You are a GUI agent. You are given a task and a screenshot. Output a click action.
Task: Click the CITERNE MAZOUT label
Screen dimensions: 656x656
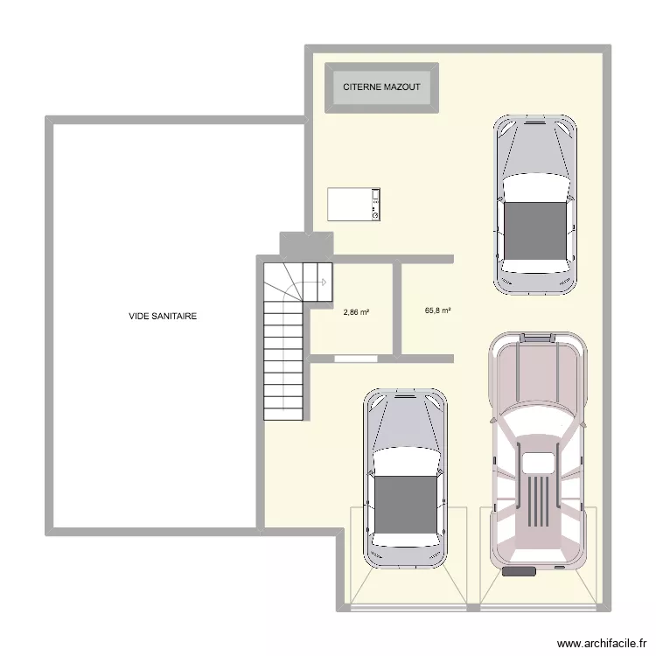click(381, 87)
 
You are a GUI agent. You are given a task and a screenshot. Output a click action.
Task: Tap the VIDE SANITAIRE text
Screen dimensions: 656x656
click(163, 317)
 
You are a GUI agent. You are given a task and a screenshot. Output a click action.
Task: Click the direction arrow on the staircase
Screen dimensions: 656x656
click(322, 282)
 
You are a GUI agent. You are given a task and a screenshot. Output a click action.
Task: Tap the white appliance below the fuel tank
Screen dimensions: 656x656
click(354, 204)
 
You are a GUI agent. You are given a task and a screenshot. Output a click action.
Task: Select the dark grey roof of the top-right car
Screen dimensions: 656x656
click(535, 231)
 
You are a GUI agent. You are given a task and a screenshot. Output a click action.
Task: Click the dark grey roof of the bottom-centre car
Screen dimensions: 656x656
click(404, 506)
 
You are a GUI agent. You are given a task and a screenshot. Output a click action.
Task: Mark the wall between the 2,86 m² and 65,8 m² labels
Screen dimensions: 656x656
click(396, 308)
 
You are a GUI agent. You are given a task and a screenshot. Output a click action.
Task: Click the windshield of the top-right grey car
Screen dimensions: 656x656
click(535, 187)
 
